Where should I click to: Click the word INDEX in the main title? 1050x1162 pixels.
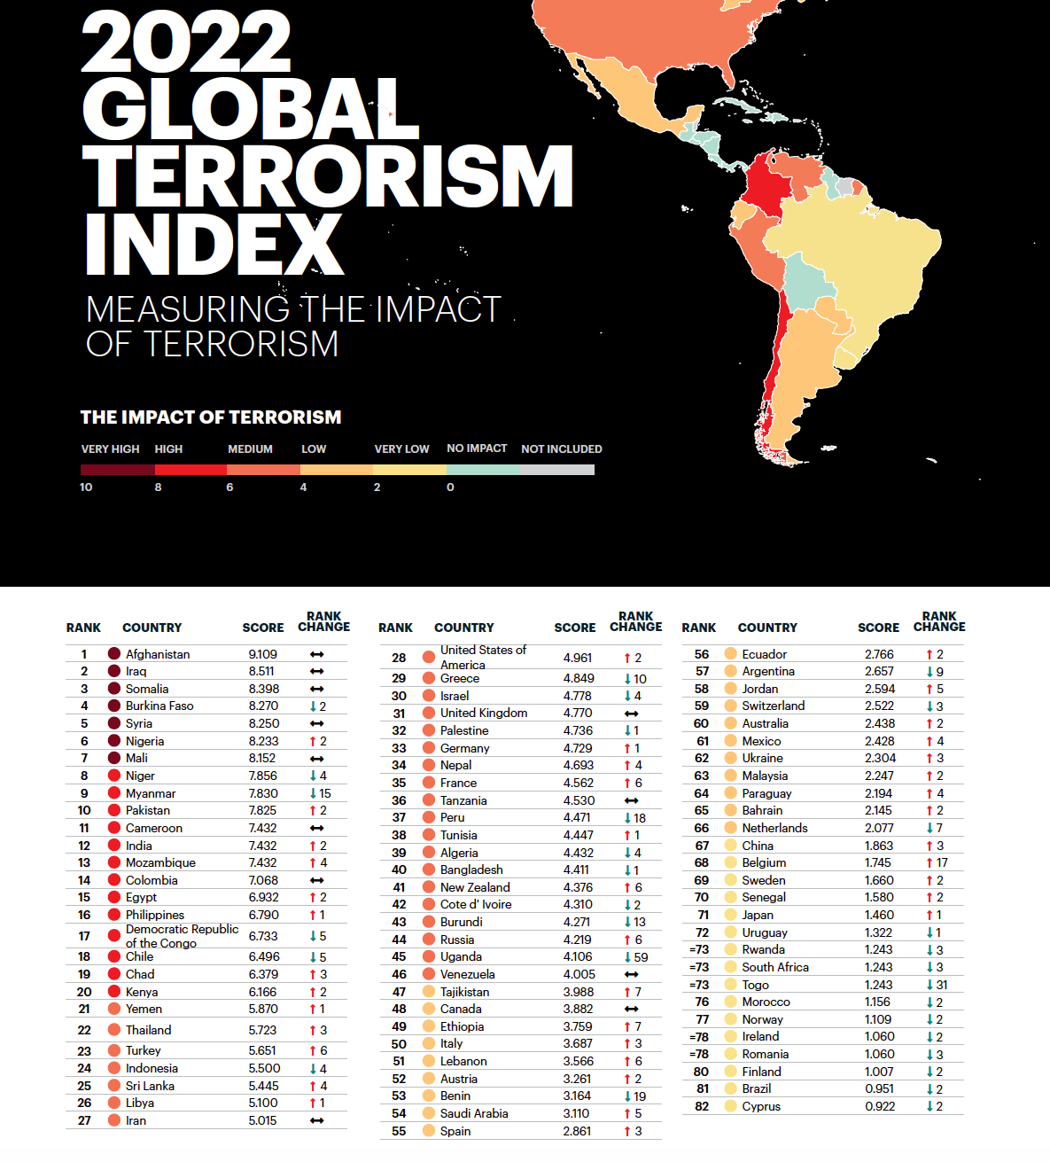point(213,243)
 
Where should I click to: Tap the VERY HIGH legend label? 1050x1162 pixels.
point(110,449)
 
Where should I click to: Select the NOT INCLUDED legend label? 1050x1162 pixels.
point(561,449)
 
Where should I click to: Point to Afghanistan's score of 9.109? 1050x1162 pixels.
point(262,654)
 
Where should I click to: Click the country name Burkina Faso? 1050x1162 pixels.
point(159,706)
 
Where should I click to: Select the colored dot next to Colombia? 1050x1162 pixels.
point(114,880)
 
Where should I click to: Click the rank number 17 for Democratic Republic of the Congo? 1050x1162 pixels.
point(84,936)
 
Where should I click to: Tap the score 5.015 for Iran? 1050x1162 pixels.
point(262,1120)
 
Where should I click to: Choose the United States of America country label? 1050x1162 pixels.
point(483,657)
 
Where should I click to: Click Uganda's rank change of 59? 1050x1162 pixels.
point(635,957)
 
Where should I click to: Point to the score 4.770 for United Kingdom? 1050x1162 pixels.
point(578,713)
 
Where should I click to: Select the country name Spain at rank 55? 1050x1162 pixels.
point(455,1131)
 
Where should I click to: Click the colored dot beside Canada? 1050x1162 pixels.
point(429,1009)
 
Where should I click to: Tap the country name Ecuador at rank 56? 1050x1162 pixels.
point(764,654)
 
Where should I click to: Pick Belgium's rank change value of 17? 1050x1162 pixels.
point(937,862)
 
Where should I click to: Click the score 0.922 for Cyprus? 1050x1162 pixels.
point(879,1106)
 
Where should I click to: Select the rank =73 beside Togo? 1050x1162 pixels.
point(699,985)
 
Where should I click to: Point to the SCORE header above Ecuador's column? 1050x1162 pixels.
point(878,628)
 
